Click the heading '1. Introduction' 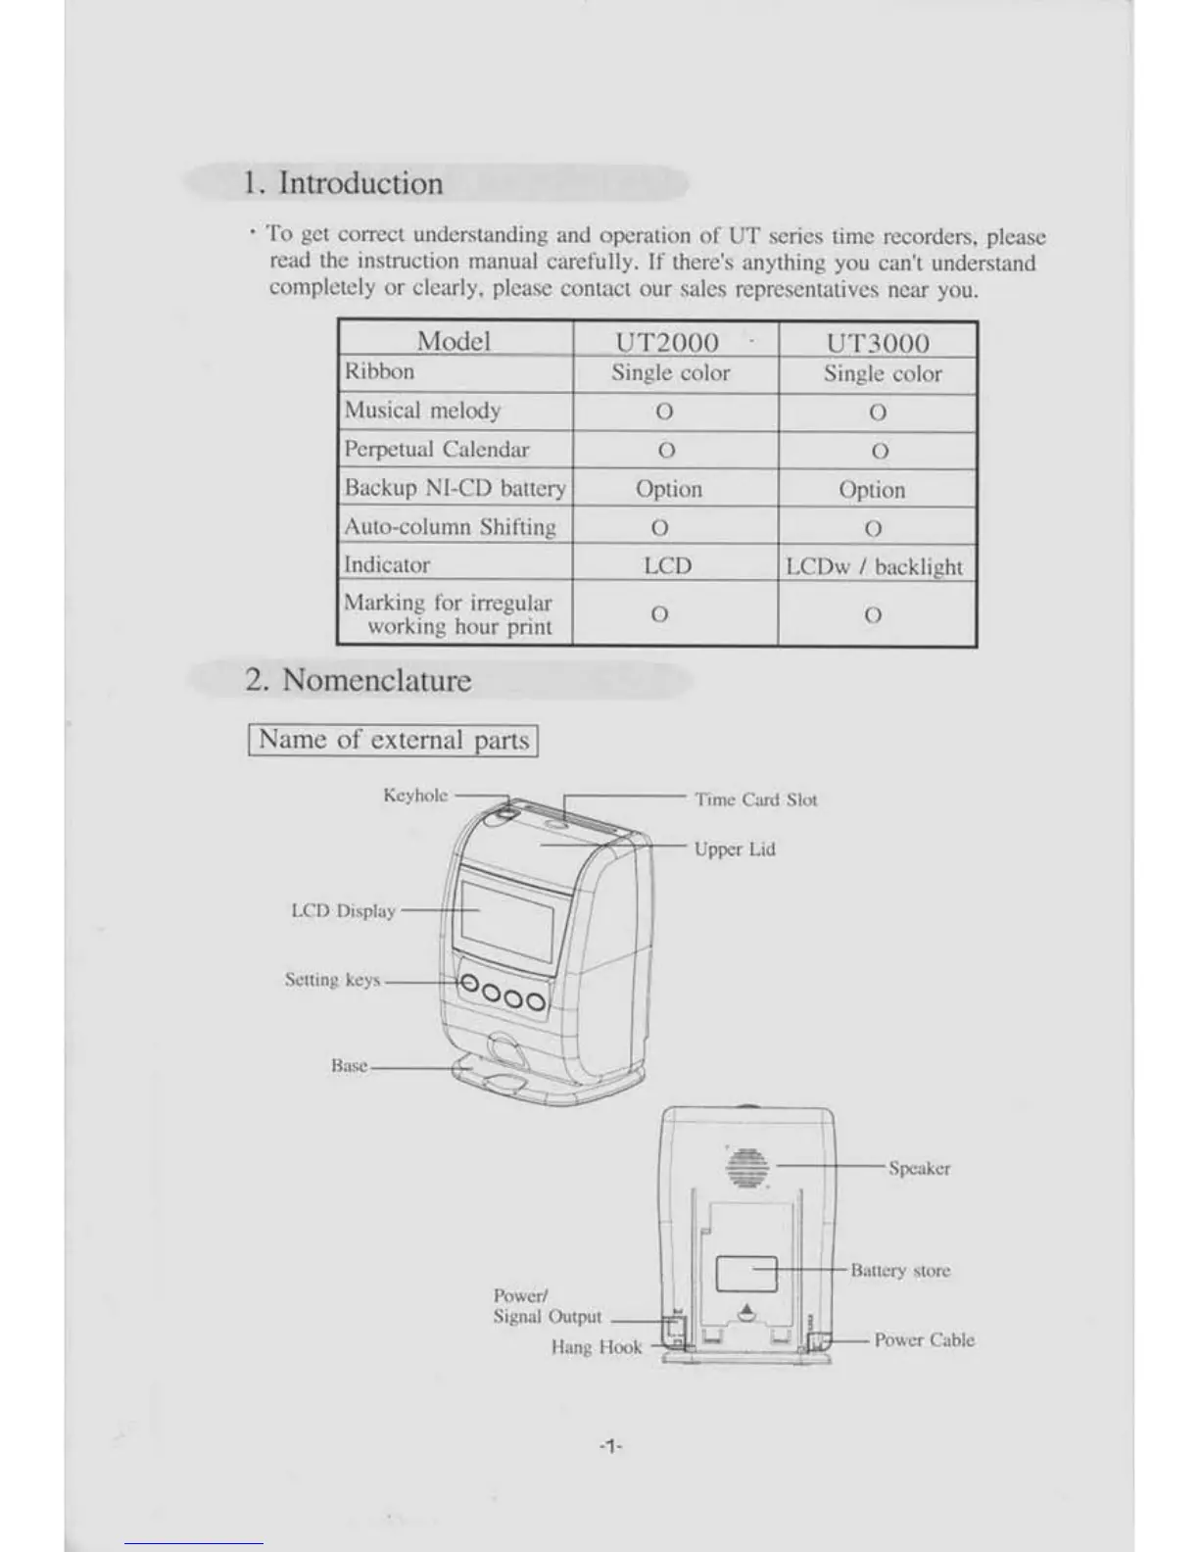343,183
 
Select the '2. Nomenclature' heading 358,680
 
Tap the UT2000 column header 666,342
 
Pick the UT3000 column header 878,343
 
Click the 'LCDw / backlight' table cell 875,566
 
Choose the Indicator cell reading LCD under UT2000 667,565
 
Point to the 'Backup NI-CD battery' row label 455,488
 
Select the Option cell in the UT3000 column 872,490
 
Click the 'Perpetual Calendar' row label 436,450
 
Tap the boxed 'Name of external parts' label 394,740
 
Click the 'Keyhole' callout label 415,796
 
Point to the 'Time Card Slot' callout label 755,800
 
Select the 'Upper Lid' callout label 735,849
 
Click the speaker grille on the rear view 747,1167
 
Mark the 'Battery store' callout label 900,1271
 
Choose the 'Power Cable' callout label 924,1340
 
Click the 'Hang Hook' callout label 596,1347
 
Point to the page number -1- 610,1446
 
